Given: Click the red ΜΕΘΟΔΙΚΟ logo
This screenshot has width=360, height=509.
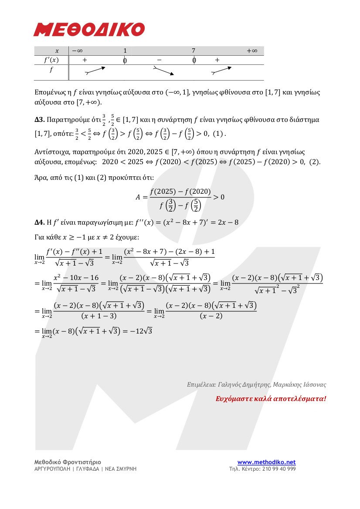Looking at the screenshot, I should click(89, 30).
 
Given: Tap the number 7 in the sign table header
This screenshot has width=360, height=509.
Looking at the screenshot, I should click(194, 51).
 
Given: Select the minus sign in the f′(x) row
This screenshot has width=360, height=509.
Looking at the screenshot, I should click(159, 60).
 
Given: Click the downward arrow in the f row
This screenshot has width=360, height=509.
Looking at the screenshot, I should click(164, 71).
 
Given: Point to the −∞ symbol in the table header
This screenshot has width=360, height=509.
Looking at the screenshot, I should click(77, 51).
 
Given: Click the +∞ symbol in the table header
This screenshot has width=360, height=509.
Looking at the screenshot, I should click(252, 51).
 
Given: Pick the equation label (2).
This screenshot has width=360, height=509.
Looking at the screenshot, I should click(315, 162).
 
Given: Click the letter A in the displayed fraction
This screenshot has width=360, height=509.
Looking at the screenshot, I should click(139, 197).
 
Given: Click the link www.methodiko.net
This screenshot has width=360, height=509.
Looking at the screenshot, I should click(266, 462).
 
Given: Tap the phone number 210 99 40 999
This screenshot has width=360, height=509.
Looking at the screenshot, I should click(278, 469).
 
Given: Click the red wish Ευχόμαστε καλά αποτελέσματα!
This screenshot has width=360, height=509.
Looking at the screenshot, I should click(271, 398).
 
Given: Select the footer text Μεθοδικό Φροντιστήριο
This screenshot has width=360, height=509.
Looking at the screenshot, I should click(68, 462).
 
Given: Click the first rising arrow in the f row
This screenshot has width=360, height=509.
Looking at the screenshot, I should click(95, 71).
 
